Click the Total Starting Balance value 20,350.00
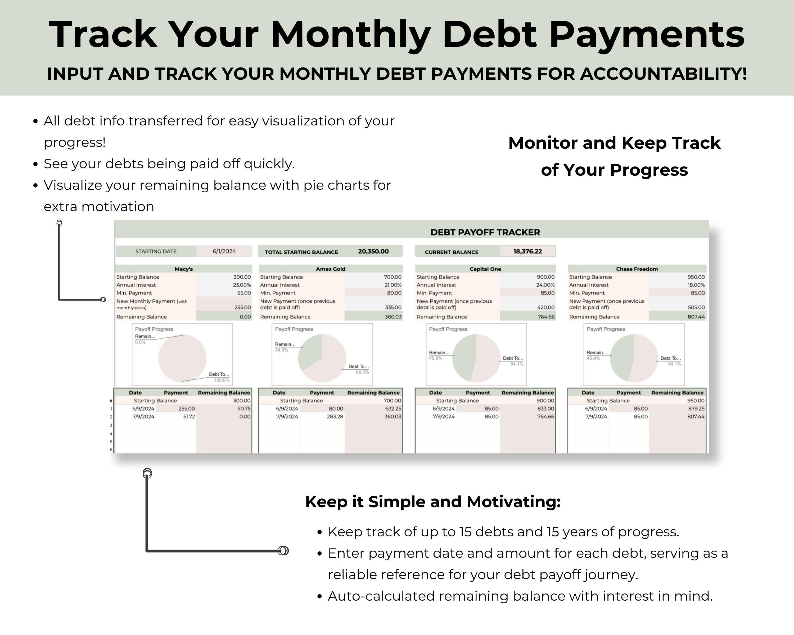click(373, 251)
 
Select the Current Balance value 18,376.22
click(527, 251)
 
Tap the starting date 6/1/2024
click(224, 251)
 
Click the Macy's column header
click(183, 269)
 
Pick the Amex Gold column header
click(330, 269)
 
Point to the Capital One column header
click(485, 269)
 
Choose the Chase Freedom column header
click(637, 269)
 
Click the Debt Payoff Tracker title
click(485, 232)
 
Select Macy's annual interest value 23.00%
click(242, 285)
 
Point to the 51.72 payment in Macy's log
click(189, 417)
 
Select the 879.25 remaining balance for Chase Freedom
click(696, 409)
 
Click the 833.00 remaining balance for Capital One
click(545, 409)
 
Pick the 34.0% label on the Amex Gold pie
click(281, 350)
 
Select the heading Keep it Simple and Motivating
click(433, 502)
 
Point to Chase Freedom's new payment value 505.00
click(696, 307)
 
